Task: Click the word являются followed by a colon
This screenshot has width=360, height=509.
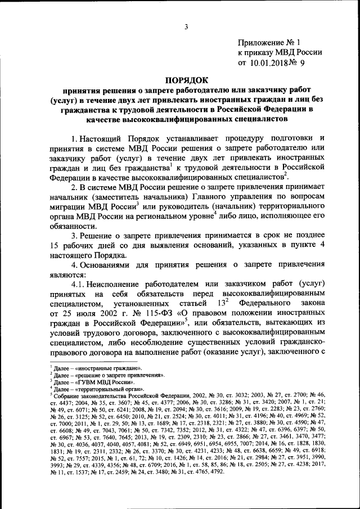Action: (x=66, y=276)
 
